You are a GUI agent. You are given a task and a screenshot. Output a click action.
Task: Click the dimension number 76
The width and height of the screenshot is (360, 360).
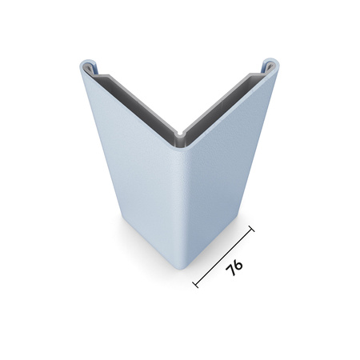tap(234, 267)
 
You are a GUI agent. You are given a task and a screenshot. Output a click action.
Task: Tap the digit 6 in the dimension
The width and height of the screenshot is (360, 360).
tap(238, 262)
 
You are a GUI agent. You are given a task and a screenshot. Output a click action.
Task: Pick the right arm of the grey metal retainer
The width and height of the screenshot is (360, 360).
tap(228, 98)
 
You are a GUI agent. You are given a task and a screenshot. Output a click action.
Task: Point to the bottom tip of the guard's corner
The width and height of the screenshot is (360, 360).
tap(184, 267)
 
